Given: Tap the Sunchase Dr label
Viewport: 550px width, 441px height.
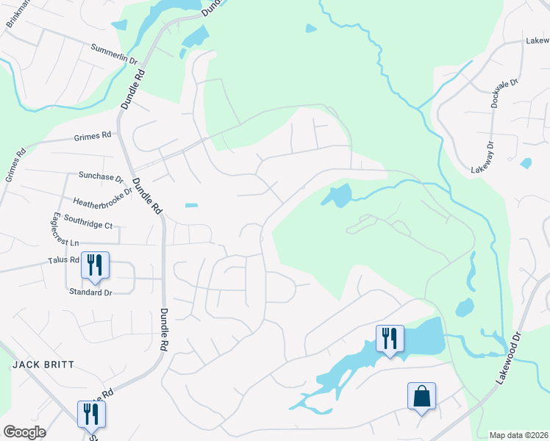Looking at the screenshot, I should click(101, 177).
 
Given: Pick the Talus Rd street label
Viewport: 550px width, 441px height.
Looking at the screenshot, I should click(63, 260).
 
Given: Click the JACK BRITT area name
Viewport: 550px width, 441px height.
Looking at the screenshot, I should click(35, 365).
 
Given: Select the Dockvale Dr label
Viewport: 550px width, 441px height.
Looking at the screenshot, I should click(495, 93).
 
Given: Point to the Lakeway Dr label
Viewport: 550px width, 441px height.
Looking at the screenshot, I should click(487, 156).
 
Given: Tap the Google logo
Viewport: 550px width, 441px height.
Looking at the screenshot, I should click(24, 431).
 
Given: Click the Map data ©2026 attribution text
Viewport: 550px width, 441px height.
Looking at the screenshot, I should click(518, 435).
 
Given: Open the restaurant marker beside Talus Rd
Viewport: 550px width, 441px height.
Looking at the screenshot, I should click(95, 265).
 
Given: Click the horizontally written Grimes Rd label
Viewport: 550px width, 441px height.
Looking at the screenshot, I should click(92, 135).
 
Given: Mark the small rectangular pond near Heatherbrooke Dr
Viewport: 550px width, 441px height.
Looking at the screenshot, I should click(191, 205).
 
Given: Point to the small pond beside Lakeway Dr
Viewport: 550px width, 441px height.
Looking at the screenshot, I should click(525, 162).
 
